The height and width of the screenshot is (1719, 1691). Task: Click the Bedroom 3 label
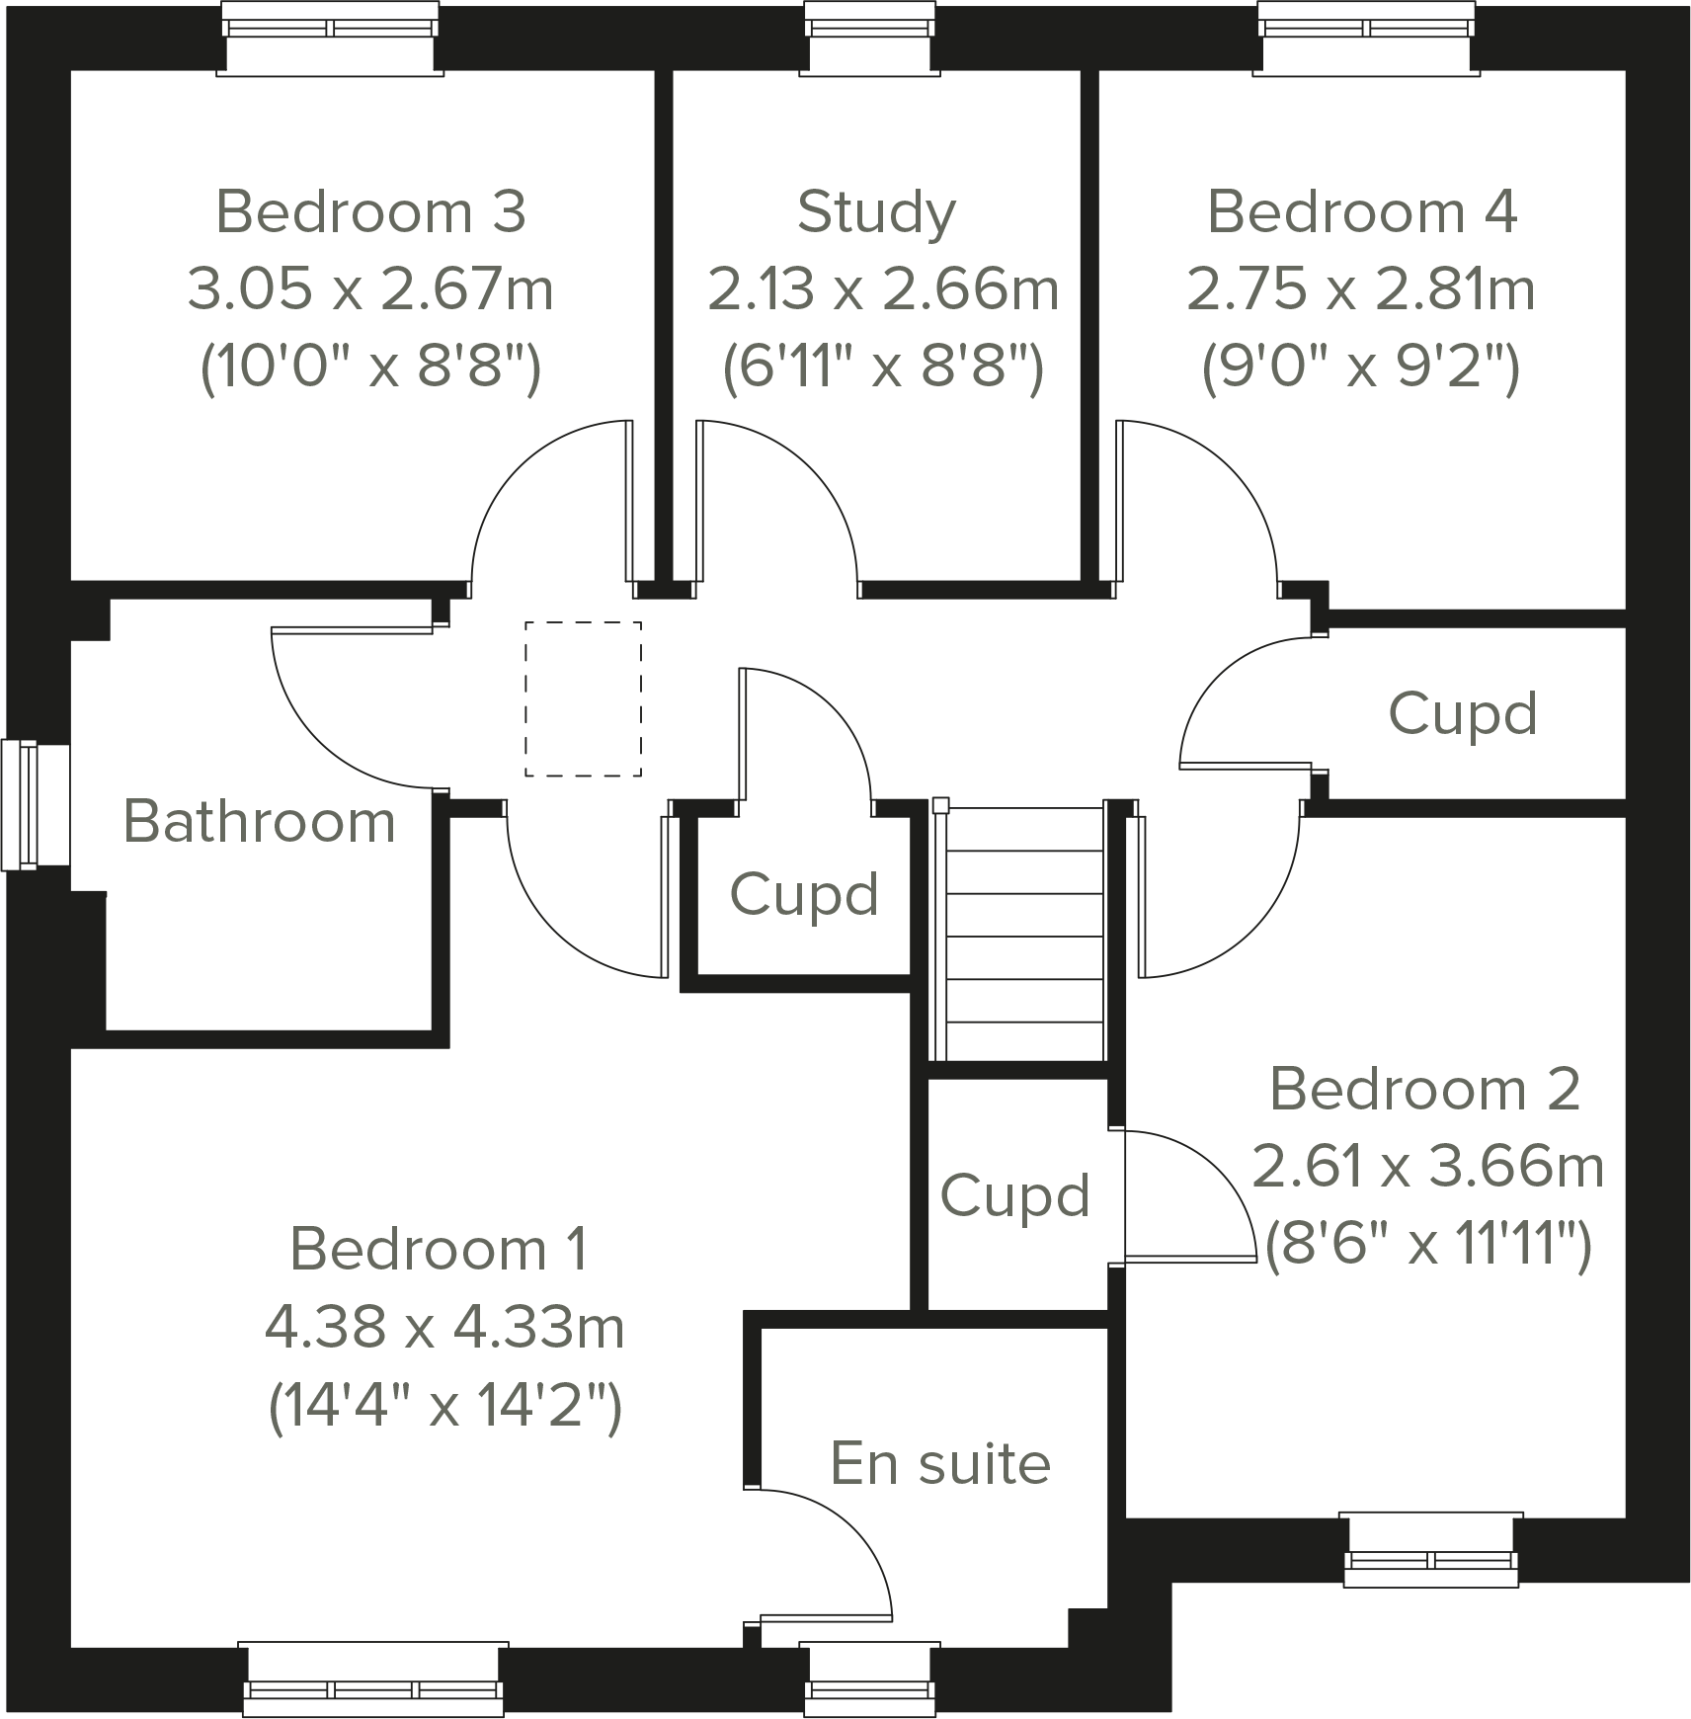[x=370, y=212]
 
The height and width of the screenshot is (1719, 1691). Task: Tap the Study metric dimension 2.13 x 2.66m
[x=882, y=290]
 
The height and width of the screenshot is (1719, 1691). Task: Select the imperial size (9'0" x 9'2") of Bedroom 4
[x=1360, y=368]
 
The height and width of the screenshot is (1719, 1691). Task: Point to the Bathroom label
[x=259, y=822]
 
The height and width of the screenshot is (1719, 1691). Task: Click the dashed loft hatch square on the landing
[x=583, y=698]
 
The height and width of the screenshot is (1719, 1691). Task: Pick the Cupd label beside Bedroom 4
[x=1463, y=713]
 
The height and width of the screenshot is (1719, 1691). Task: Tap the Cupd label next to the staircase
[x=804, y=895]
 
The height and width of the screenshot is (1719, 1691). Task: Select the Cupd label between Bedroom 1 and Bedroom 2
[x=1014, y=1196]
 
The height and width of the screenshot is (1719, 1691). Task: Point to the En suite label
[x=940, y=1463]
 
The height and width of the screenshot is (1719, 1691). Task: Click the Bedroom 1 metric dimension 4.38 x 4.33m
[x=444, y=1328]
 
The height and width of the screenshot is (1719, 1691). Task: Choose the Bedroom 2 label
[x=1424, y=1089]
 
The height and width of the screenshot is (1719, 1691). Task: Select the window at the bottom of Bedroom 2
[x=1430, y=1549]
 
